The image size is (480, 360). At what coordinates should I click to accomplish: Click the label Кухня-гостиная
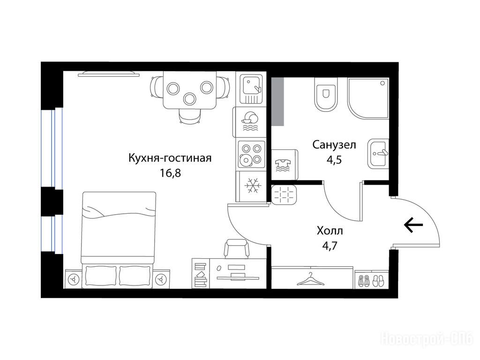tap(170, 158)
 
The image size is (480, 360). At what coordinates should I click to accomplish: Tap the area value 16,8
tap(170, 173)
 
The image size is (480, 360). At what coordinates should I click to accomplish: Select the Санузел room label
tap(334, 144)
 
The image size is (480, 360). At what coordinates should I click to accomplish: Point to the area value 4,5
tap(334, 159)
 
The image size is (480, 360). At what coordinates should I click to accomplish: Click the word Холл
tap(330, 231)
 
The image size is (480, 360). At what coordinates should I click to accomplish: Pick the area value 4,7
tap(330, 246)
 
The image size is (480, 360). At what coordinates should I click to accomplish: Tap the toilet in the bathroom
tap(326, 94)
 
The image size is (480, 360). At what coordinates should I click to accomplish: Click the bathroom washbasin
tap(378, 154)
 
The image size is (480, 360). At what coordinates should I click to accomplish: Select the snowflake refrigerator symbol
tap(253, 186)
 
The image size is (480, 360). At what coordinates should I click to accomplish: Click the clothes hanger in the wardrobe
tap(311, 279)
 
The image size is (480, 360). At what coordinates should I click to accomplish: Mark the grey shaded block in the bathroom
tap(278, 101)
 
